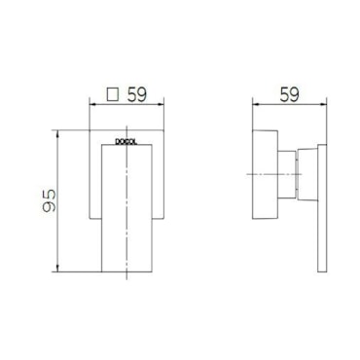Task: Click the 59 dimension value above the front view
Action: click(x=137, y=94)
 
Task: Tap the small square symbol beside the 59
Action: click(x=112, y=94)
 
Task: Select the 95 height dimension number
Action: click(x=50, y=201)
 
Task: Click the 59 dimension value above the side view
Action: click(x=289, y=94)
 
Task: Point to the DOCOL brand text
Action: click(x=126, y=142)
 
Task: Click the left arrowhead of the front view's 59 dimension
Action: click(x=91, y=104)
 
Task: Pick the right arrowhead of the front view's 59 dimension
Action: click(x=161, y=104)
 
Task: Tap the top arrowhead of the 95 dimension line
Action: click(x=57, y=133)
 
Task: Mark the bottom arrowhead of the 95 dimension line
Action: click(x=57, y=269)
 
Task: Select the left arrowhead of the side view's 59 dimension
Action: click(x=255, y=104)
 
